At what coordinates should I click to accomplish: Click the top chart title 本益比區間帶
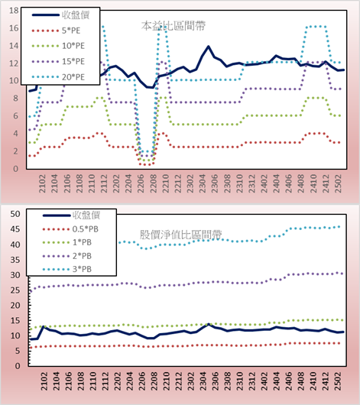pos(174,26)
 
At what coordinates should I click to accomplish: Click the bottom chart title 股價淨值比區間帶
pos(180,235)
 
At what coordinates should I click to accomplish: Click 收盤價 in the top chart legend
pos(76,15)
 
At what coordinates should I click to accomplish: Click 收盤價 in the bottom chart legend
pos(86,215)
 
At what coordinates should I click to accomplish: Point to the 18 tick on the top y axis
pos(14,11)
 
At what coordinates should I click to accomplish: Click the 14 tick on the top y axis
pos(14,46)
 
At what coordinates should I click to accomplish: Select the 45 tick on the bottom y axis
pos(15,229)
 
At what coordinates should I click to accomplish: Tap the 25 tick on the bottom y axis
pos(15,290)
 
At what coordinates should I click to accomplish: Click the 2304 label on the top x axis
pos(203,183)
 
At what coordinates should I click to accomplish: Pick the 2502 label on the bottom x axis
pos(338,381)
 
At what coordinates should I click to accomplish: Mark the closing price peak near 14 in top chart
pos(209,47)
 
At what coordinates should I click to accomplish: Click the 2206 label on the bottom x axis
pos(141,381)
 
